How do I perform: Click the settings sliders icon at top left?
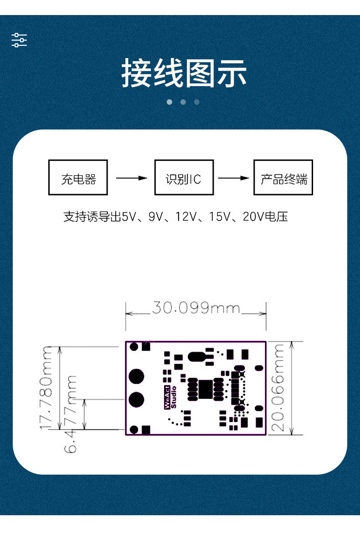point(19,40)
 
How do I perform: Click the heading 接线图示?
point(184,73)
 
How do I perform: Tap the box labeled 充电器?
point(78,177)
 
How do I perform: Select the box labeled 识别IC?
point(184,177)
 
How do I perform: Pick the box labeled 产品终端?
point(283,177)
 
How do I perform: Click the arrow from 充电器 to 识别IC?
point(131,178)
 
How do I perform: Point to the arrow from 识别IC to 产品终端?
point(233,178)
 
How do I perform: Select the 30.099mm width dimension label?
point(196,308)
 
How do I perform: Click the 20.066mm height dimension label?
point(278,388)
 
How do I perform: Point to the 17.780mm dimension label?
point(46,388)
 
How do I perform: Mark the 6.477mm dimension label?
point(71,414)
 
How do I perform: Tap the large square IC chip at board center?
point(206,388)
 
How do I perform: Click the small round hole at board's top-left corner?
point(134,347)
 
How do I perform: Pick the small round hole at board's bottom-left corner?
point(134,429)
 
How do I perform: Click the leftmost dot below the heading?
point(170,102)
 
